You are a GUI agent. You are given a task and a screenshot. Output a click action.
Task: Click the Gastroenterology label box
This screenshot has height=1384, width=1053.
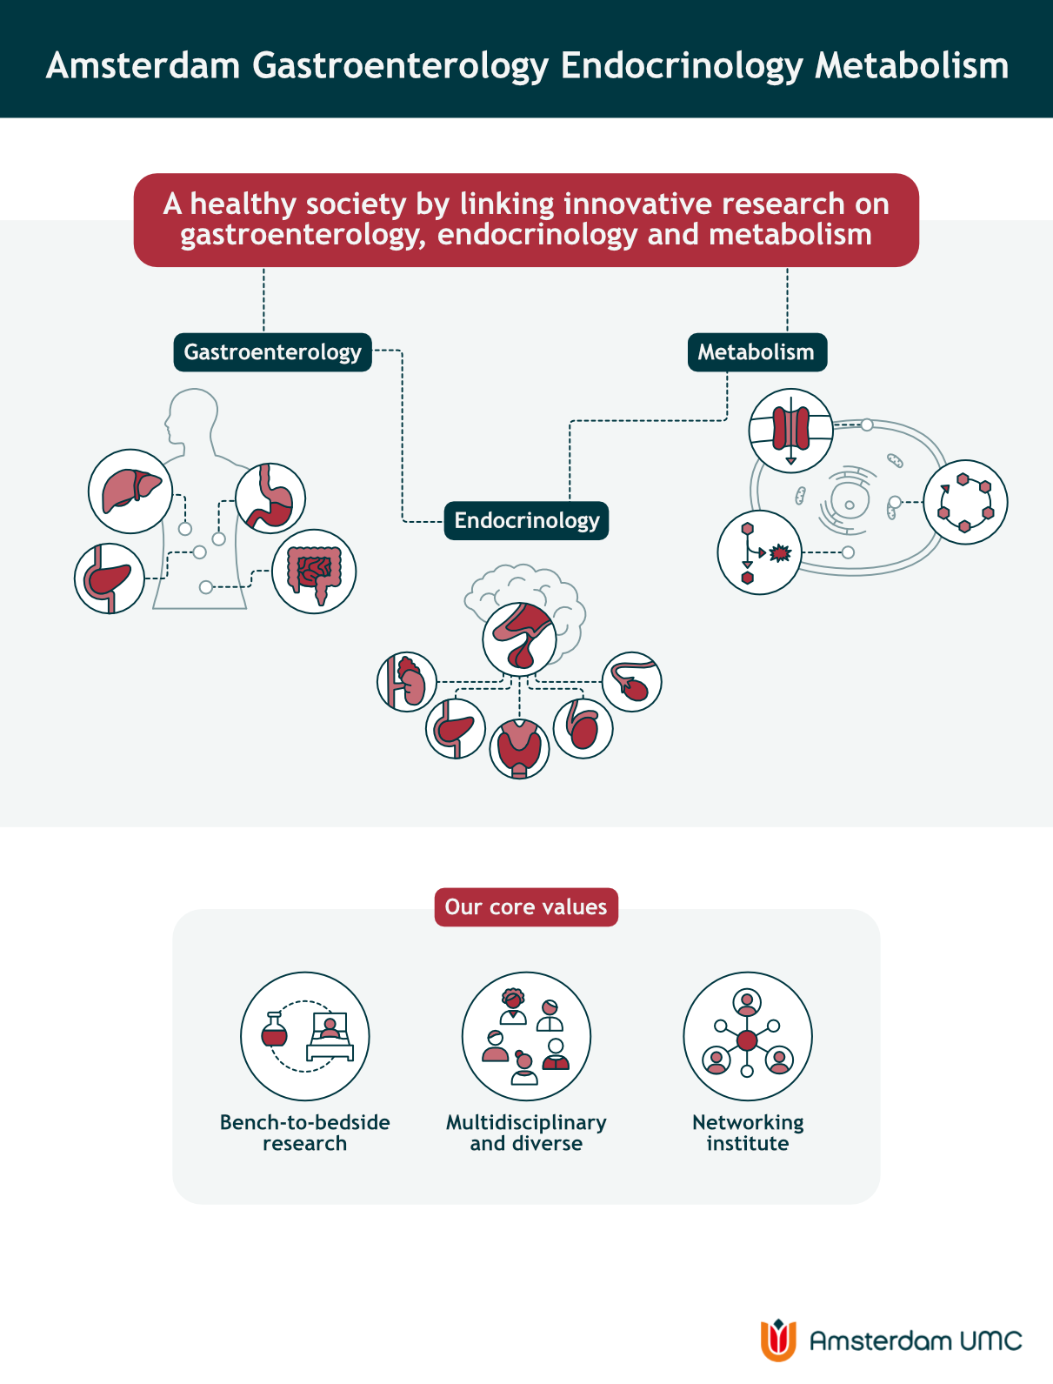point(272,351)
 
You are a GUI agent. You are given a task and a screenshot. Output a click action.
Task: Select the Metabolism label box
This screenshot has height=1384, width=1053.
point(756,351)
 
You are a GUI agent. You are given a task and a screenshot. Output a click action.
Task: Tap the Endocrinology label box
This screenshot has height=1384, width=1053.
point(526,520)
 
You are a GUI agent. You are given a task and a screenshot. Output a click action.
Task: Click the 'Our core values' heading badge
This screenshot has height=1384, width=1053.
point(526,906)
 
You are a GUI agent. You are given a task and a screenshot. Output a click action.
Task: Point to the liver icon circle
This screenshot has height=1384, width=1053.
point(130,491)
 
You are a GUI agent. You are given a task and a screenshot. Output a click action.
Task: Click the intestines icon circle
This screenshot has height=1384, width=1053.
point(314,572)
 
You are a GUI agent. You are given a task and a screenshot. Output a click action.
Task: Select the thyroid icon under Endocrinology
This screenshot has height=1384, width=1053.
point(519,748)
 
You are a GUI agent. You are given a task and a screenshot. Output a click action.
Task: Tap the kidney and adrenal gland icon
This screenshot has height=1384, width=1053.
point(407,682)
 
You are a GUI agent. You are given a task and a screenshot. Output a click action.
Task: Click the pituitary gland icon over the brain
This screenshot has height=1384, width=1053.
point(520,639)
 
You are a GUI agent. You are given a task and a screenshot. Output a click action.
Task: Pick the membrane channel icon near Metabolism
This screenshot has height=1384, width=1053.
point(791,431)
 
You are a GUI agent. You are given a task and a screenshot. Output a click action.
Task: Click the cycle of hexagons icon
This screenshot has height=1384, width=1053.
point(965,502)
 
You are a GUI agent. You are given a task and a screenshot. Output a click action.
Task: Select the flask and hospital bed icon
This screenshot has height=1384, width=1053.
point(305,1036)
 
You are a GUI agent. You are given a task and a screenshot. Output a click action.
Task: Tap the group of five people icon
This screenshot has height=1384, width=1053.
point(526,1036)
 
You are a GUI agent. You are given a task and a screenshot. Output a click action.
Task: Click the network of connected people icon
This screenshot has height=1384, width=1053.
point(748,1036)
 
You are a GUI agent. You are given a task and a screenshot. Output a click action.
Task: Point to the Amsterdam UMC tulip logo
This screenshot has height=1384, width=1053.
point(778,1340)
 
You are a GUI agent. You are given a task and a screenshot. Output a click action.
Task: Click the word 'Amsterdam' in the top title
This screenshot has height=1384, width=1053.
point(143,65)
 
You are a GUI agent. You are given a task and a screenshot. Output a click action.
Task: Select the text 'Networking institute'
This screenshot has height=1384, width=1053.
point(748,1133)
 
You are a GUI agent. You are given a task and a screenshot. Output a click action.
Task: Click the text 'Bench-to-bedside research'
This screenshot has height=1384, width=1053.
point(305,1133)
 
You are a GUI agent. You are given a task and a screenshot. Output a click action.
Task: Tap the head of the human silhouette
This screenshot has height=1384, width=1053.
point(191,416)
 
